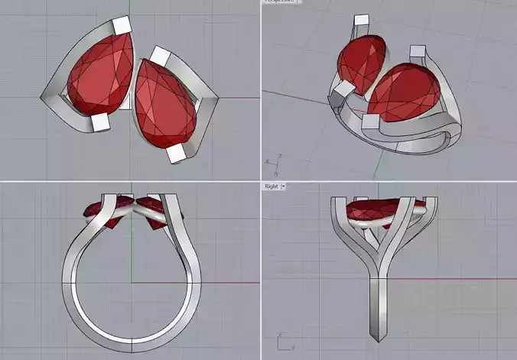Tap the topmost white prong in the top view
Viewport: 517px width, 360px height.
[x=122, y=27]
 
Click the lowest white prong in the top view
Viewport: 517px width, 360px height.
[x=178, y=154]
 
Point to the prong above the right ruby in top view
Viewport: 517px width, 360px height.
[x=161, y=56]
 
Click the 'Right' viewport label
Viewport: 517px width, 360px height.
[x=271, y=186]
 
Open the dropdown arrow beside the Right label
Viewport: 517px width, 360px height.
[x=283, y=186]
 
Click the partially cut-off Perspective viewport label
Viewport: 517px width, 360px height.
[x=281, y=2]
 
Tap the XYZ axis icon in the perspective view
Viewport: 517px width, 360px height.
[x=273, y=161]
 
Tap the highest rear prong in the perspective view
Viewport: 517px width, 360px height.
[x=353, y=29]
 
